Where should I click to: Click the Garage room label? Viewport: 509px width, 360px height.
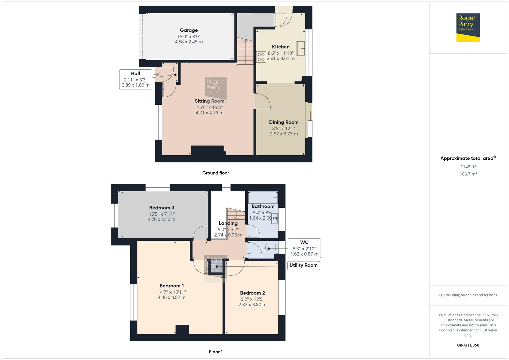click(x=189, y=30)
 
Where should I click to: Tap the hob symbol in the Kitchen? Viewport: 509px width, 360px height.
click(x=261, y=57)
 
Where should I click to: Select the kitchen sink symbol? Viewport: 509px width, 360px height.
click(x=301, y=48)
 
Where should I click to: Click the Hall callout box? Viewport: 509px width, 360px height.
click(x=135, y=79)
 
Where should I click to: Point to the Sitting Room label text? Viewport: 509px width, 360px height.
click(x=209, y=101)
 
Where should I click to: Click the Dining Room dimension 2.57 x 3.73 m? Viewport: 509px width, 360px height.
click(x=284, y=134)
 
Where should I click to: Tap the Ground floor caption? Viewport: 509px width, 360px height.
click(x=216, y=173)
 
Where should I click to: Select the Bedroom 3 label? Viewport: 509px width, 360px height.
click(x=162, y=208)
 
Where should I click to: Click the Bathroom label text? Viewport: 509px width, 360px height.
click(x=263, y=206)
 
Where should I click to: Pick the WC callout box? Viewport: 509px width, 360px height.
click(x=304, y=248)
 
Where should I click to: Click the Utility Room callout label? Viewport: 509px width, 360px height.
click(x=303, y=265)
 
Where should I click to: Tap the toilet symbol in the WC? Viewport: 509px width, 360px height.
click(x=272, y=248)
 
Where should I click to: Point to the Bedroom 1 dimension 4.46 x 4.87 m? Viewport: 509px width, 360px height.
click(x=172, y=297)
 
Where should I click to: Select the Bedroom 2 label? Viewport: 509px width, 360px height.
click(x=252, y=293)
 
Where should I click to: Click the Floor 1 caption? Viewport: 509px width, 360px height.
click(x=216, y=352)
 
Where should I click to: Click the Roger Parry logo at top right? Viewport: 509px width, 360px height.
click(x=468, y=27)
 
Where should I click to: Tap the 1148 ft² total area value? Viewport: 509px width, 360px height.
click(x=468, y=167)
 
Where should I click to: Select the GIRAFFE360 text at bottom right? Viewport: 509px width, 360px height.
click(x=468, y=345)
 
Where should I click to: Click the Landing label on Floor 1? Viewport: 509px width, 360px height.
click(x=228, y=223)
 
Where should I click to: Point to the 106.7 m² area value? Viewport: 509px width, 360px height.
click(x=468, y=174)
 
